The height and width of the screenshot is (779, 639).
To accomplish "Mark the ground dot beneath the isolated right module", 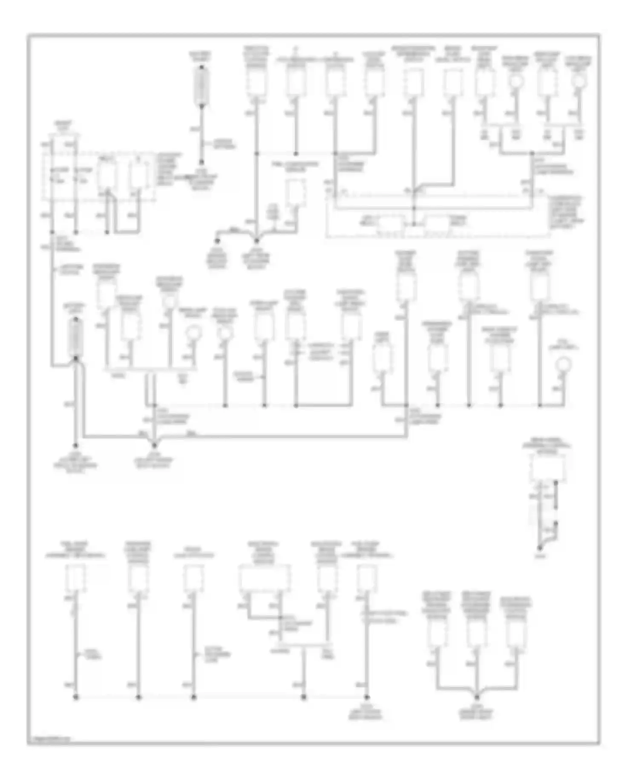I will click(x=540, y=547).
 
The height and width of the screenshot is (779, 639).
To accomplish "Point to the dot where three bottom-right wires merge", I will click(x=477, y=698).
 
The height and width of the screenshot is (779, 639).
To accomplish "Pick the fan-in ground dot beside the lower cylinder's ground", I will click(x=154, y=445).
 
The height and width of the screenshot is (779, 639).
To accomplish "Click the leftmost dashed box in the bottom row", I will click(x=76, y=578).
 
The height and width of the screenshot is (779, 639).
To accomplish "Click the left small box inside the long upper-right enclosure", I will click(x=391, y=223).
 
